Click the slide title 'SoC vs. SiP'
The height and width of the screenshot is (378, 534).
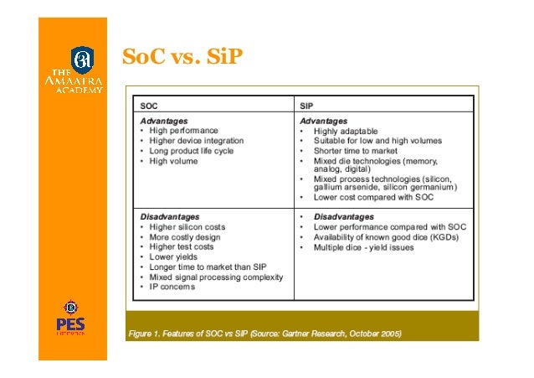coord(182,57)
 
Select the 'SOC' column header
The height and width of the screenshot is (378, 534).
coord(148,106)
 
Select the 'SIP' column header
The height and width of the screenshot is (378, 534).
coord(307,106)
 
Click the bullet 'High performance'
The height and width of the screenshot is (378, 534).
coord(183,131)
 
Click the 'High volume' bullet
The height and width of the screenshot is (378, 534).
coord(173,161)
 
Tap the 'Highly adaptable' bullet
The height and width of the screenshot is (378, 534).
coord(345,132)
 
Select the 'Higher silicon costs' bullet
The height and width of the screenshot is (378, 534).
coord(187,226)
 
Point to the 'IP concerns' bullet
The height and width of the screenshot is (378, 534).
coord(172,287)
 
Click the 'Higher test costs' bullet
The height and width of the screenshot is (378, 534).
coord(181,246)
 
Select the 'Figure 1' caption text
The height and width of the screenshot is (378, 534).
coord(264,334)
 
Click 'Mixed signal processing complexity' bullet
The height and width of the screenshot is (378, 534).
coord(216,277)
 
